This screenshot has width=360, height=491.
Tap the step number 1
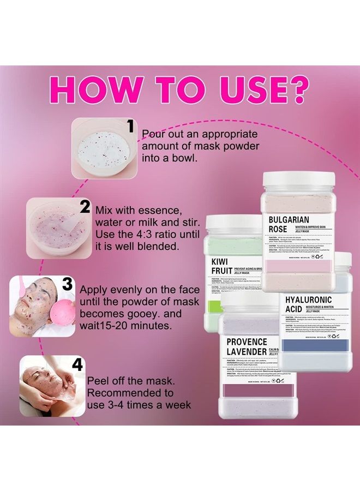(x=130, y=127)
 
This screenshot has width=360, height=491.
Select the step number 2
(x=85, y=207)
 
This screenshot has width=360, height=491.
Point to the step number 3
(x=68, y=284)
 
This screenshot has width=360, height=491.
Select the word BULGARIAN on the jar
(x=292, y=220)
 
